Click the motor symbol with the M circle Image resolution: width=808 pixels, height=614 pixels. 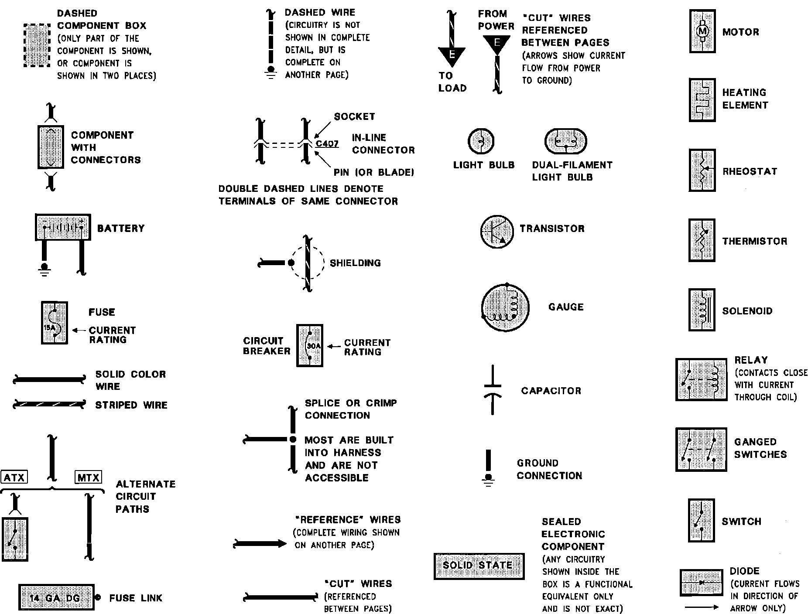(x=702, y=31)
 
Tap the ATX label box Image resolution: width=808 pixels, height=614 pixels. (x=14, y=477)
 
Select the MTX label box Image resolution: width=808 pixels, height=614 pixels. (x=88, y=477)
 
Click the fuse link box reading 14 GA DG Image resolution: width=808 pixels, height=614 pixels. (x=56, y=597)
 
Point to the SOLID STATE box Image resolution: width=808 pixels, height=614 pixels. (x=479, y=566)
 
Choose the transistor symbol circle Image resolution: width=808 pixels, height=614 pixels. (x=496, y=231)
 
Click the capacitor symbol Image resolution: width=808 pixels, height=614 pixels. (x=493, y=390)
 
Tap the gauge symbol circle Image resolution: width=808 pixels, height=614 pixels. (x=505, y=307)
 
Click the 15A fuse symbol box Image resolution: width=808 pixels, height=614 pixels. (x=55, y=323)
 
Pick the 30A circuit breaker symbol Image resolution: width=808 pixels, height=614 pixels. (x=310, y=345)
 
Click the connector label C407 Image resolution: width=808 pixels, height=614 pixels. (x=327, y=143)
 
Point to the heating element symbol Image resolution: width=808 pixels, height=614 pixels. (x=702, y=100)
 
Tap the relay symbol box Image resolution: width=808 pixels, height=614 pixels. (x=701, y=379)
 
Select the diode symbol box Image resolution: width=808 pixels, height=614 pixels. (x=701, y=583)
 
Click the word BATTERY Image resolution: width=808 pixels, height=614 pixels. (x=120, y=229)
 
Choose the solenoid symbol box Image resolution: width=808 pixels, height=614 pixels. (x=702, y=310)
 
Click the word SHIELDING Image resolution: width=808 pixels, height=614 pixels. (x=355, y=263)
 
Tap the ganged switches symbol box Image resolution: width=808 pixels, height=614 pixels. (x=701, y=449)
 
